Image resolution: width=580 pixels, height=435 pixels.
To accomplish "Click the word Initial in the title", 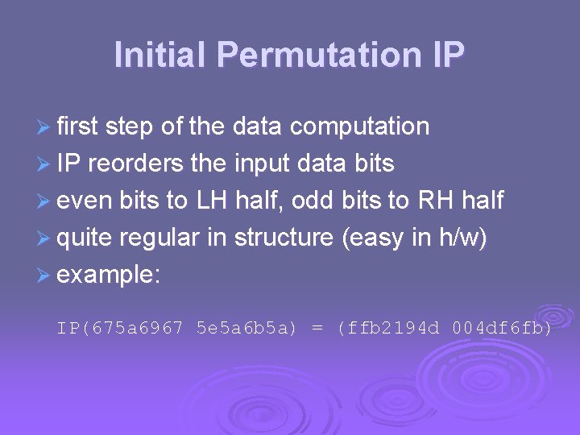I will pos(160,55).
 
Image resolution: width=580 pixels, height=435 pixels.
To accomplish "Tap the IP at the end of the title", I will pos(442,55).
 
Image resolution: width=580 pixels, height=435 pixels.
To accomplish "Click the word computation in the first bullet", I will pos(359,126).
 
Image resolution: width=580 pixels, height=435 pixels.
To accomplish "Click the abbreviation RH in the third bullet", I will pos(436,201).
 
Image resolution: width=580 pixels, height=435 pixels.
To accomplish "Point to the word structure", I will pos(284,238).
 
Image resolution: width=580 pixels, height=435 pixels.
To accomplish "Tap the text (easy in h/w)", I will pos(415,238).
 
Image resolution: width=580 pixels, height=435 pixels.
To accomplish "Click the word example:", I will pos(110,275).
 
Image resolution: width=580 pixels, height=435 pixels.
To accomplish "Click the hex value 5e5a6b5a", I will pos(246,329).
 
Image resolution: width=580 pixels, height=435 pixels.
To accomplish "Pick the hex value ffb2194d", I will pos(389,329).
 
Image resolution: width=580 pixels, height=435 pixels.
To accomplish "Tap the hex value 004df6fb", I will pos(503,329).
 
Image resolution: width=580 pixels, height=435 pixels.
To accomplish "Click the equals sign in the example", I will pos(318,329).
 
